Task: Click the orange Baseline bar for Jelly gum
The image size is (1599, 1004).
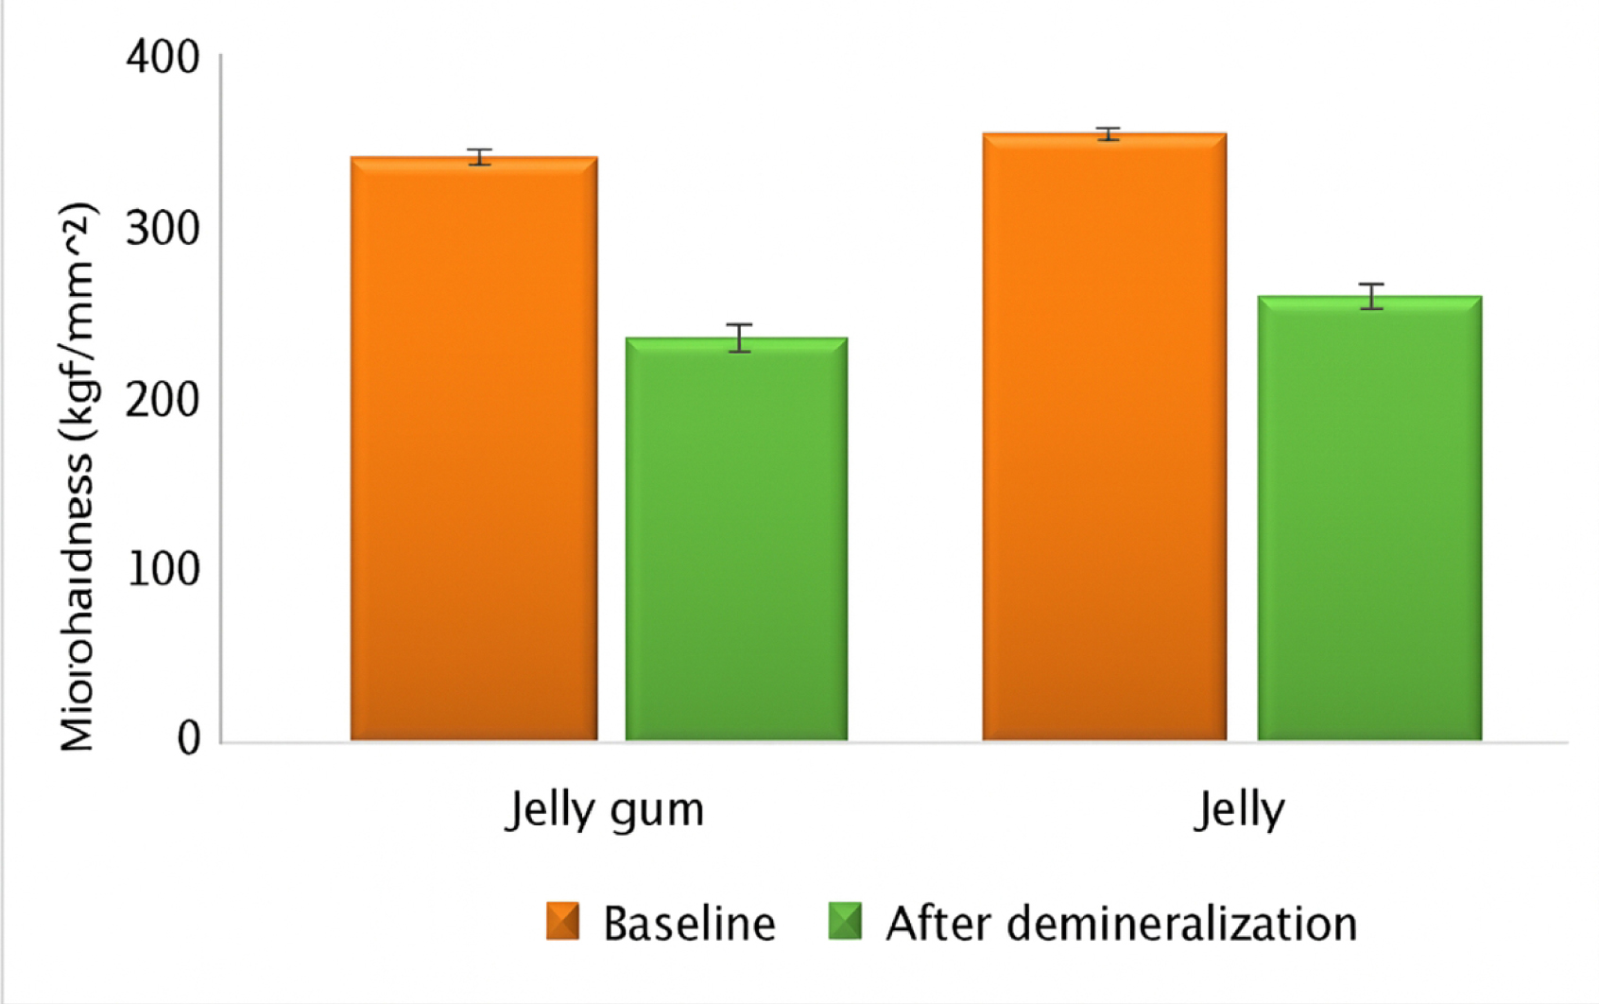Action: [473, 449]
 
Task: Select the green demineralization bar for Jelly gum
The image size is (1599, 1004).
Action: [736, 539]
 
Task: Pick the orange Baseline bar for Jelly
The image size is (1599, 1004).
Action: [1104, 437]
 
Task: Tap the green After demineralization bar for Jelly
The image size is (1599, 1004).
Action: [1369, 518]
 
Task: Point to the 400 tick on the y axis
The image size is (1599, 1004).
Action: [163, 58]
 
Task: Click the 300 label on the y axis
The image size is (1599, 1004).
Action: [163, 229]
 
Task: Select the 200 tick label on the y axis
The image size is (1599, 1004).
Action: [163, 400]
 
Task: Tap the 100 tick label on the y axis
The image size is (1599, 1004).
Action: [163, 570]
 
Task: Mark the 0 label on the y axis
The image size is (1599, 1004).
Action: [189, 738]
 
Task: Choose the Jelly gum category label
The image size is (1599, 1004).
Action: [605, 810]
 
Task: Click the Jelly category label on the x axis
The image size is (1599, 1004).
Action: [1239, 810]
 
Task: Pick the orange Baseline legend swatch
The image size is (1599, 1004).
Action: [562, 921]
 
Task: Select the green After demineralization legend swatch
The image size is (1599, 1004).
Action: [845, 921]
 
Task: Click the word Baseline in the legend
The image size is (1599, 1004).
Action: [689, 924]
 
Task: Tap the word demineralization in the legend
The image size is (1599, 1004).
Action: [1181, 924]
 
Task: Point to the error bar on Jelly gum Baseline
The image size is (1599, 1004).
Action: [480, 157]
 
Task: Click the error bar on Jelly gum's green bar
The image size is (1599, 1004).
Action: [740, 338]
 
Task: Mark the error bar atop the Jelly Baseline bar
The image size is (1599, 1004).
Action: [1109, 134]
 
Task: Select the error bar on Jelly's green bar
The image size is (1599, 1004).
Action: [1372, 296]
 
